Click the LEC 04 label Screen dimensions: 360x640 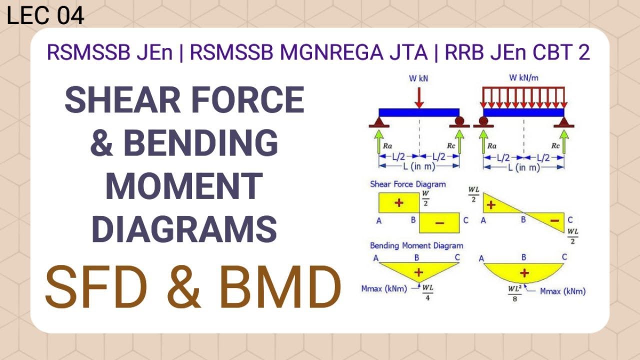45,15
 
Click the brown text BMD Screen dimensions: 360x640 280,288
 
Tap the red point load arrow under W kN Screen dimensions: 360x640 419,97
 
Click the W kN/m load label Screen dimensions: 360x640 523,78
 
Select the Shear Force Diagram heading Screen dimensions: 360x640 407,184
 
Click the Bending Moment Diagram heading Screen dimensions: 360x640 416,245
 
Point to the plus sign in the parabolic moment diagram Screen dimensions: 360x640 524,272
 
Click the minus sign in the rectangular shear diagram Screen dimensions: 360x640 439,223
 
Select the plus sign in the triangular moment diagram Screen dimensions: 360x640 419,272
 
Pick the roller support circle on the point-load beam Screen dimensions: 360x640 459,120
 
